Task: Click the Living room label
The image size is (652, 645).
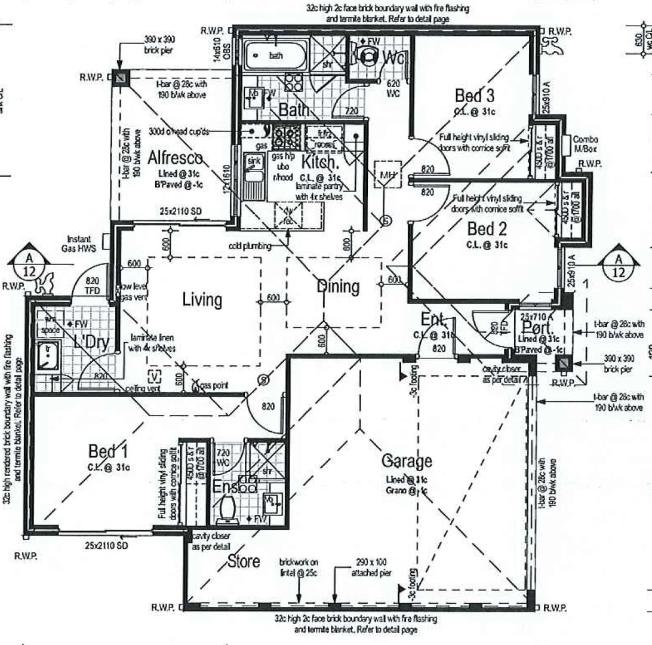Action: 202,299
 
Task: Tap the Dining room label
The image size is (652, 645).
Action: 338,287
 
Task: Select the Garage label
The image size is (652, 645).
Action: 407,461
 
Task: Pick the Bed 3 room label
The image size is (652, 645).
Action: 475,95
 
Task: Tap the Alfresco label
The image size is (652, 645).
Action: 174,158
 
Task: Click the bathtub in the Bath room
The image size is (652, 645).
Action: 278,56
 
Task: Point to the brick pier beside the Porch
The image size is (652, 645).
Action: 562,364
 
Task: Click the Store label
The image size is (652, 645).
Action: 243,561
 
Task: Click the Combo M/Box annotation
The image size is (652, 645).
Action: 585,143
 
